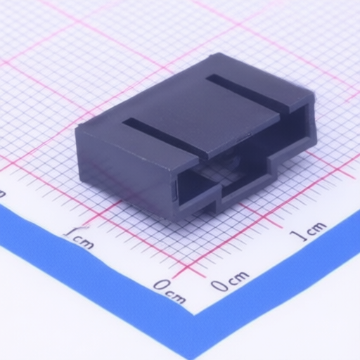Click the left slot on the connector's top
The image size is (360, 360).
(164, 136)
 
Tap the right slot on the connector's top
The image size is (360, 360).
(248, 91)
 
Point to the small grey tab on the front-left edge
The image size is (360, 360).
(174, 191)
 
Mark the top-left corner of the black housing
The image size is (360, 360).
(75, 129)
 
